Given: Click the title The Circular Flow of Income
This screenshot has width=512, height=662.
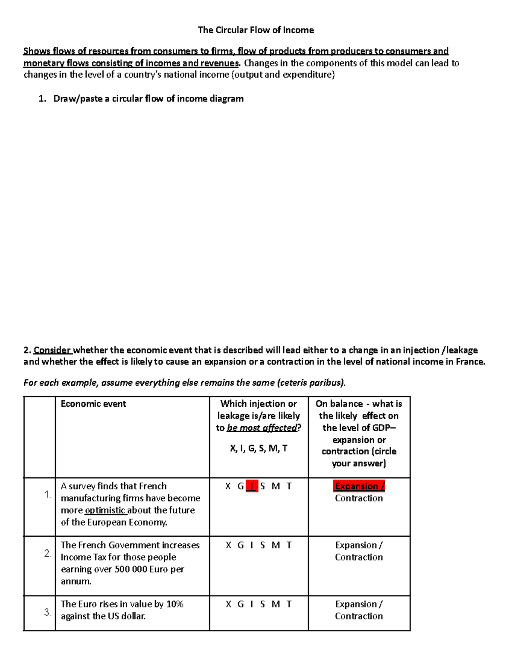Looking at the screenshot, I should [x=256, y=30].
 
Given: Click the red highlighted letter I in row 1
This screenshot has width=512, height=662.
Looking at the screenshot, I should [x=252, y=486].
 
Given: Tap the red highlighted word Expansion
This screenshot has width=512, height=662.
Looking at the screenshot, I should [x=357, y=486].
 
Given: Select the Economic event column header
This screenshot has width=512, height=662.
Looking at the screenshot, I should [x=93, y=404].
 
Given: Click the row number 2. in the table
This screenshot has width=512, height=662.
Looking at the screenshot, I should [x=47, y=553].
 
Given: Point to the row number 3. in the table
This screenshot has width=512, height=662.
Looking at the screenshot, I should [x=47, y=612].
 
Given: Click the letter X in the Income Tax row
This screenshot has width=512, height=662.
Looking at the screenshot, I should [x=228, y=545].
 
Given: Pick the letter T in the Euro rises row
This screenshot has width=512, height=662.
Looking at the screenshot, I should [x=289, y=604].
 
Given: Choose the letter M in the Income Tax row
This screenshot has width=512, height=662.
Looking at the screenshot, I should [x=276, y=545].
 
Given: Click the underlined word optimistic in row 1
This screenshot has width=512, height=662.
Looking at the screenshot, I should [x=105, y=510].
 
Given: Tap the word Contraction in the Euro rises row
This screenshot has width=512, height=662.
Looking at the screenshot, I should [x=358, y=616].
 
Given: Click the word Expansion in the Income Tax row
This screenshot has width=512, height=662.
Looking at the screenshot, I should [x=356, y=545].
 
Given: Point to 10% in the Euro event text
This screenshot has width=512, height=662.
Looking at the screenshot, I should [x=175, y=604].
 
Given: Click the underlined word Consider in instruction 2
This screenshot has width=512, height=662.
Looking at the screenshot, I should [x=52, y=350].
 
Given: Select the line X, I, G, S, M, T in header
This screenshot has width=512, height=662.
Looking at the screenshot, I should [x=259, y=448].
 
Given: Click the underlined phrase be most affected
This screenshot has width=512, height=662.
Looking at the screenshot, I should [x=262, y=428].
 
